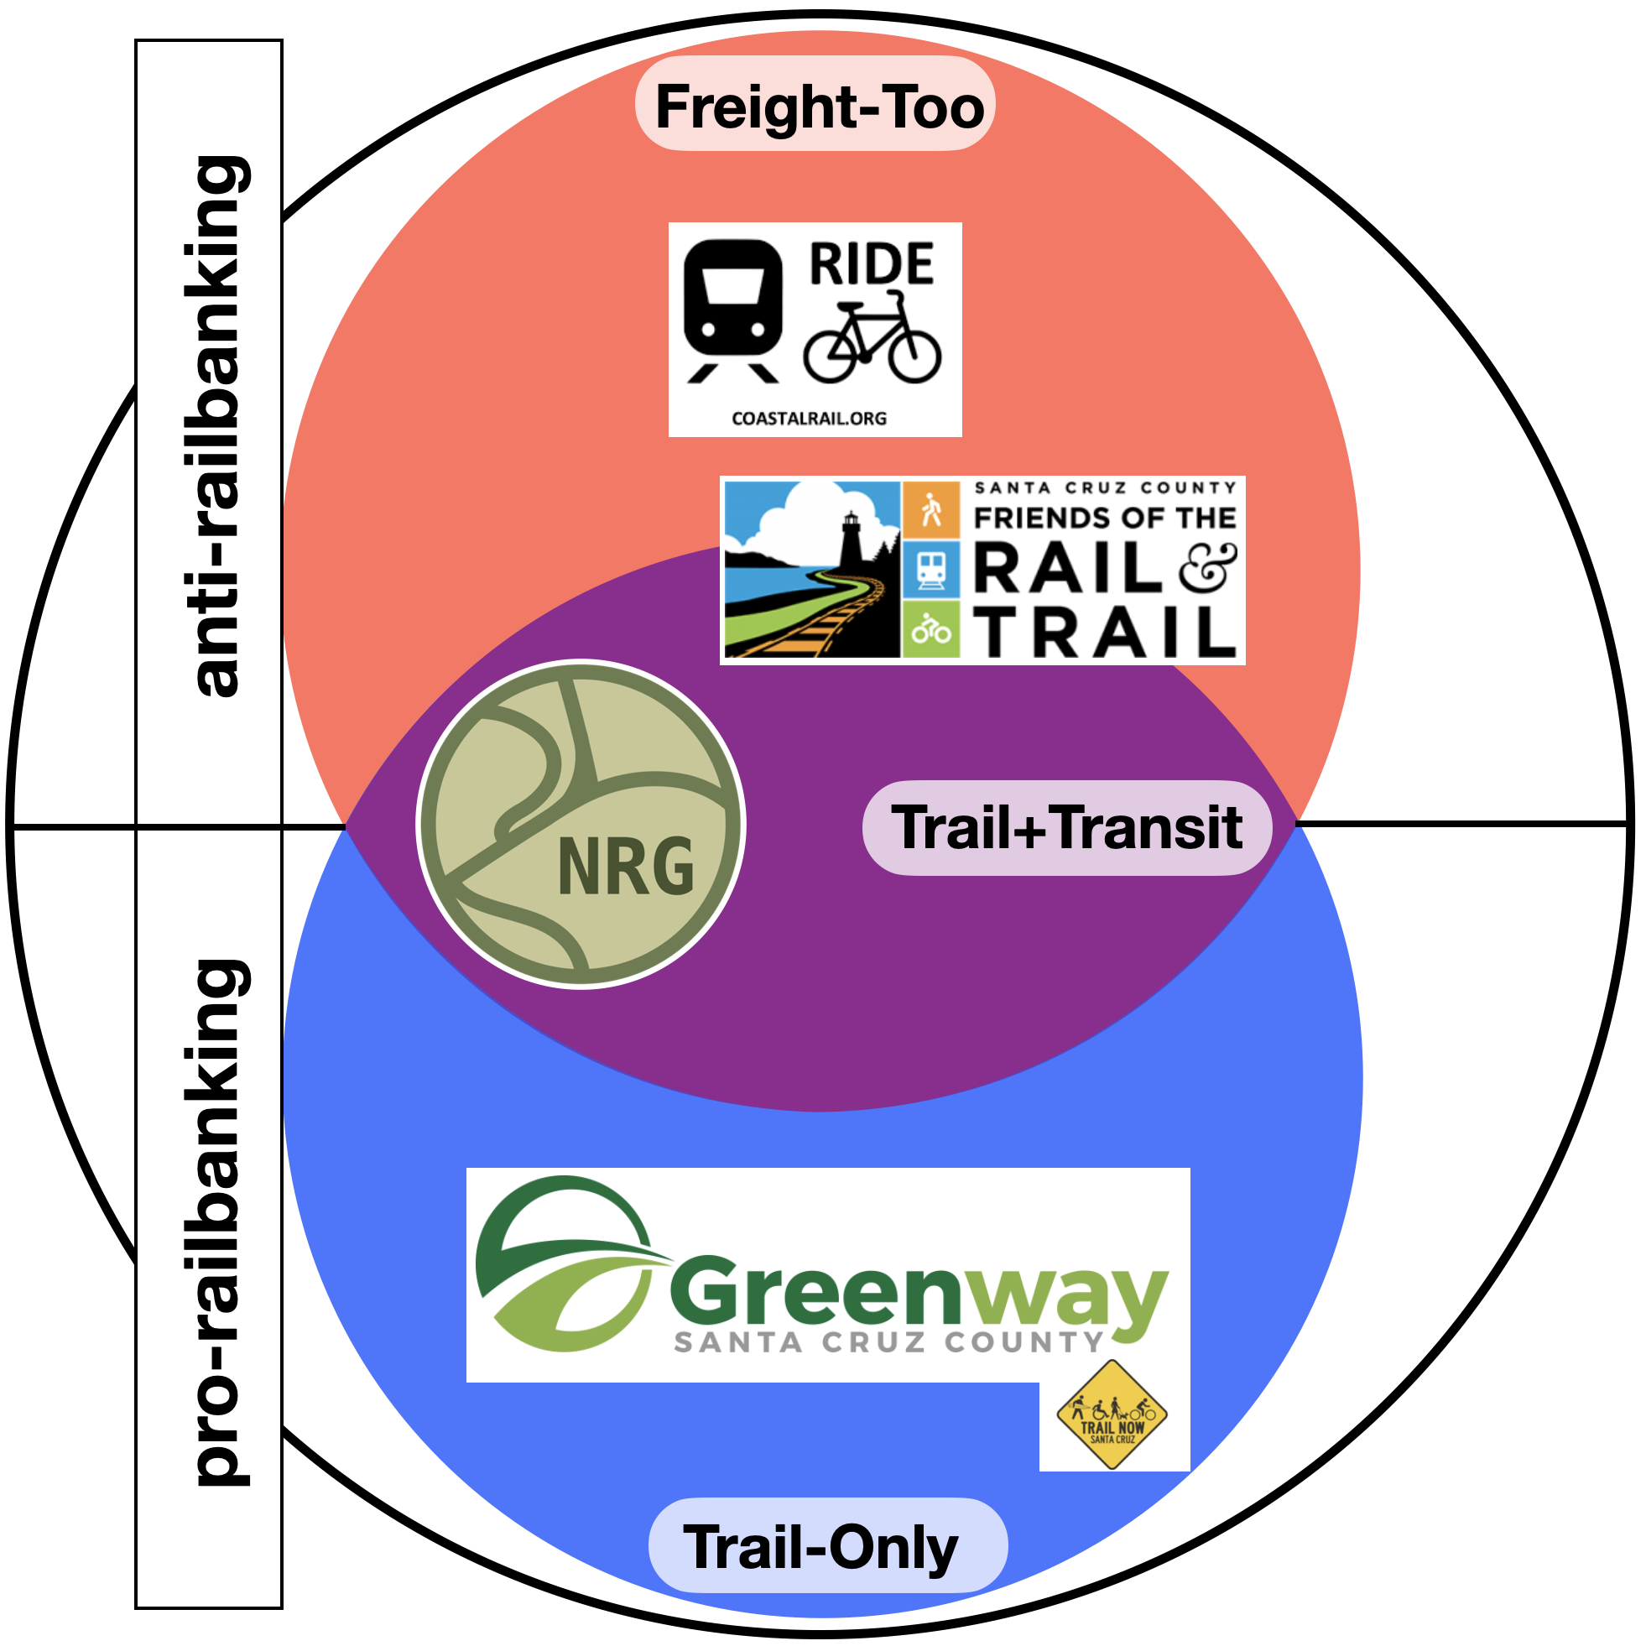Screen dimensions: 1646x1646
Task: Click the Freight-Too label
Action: [x=819, y=107]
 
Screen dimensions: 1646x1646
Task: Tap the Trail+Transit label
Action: [x=1066, y=827]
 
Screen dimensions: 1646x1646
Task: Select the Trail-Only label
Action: [x=821, y=1547]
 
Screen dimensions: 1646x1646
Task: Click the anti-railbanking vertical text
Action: [x=216, y=426]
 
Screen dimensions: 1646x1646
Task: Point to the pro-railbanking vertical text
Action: [x=216, y=1227]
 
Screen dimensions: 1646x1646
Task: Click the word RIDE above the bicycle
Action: [x=871, y=264]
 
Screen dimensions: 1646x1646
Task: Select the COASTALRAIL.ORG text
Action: [x=810, y=419]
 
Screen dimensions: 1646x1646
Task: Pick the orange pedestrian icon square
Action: [x=931, y=509]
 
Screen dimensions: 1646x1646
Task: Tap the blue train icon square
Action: [x=931, y=568]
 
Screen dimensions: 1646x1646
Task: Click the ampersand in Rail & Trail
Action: [x=1208, y=568]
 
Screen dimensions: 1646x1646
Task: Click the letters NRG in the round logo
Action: [x=626, y=867]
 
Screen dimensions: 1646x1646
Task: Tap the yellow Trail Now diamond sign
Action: [x=1112, y=1415]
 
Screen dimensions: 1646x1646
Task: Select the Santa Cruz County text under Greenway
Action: [x=888, y=1343]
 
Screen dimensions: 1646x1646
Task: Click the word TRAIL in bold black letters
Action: [x=1105, y=633]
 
